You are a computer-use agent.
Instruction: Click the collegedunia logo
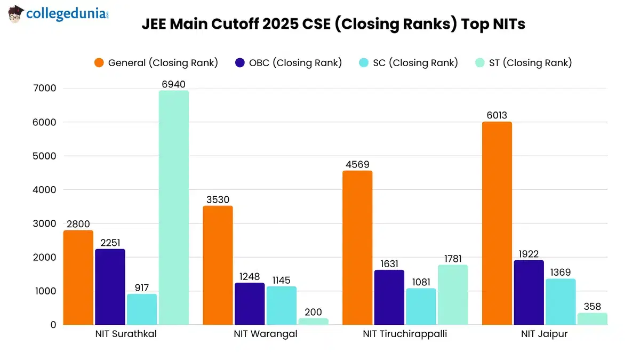tap(59, 14)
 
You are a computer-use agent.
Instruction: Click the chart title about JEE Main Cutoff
tap(333, 25)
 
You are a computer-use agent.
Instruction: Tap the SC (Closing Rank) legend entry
tap(408, 63)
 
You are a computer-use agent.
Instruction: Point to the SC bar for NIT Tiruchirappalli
tap(421, 306)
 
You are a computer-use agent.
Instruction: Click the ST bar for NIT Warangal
tap(313, 321)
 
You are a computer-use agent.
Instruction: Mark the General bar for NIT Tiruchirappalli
tap(357, 247)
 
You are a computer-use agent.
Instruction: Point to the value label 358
tap(592, 307)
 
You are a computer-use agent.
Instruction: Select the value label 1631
tap(389, 263)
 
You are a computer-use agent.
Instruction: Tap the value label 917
tap(141, 287)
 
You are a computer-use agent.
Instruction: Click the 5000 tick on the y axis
tap(44, 156)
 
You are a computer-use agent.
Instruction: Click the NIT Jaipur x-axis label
tap(544, 334)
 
